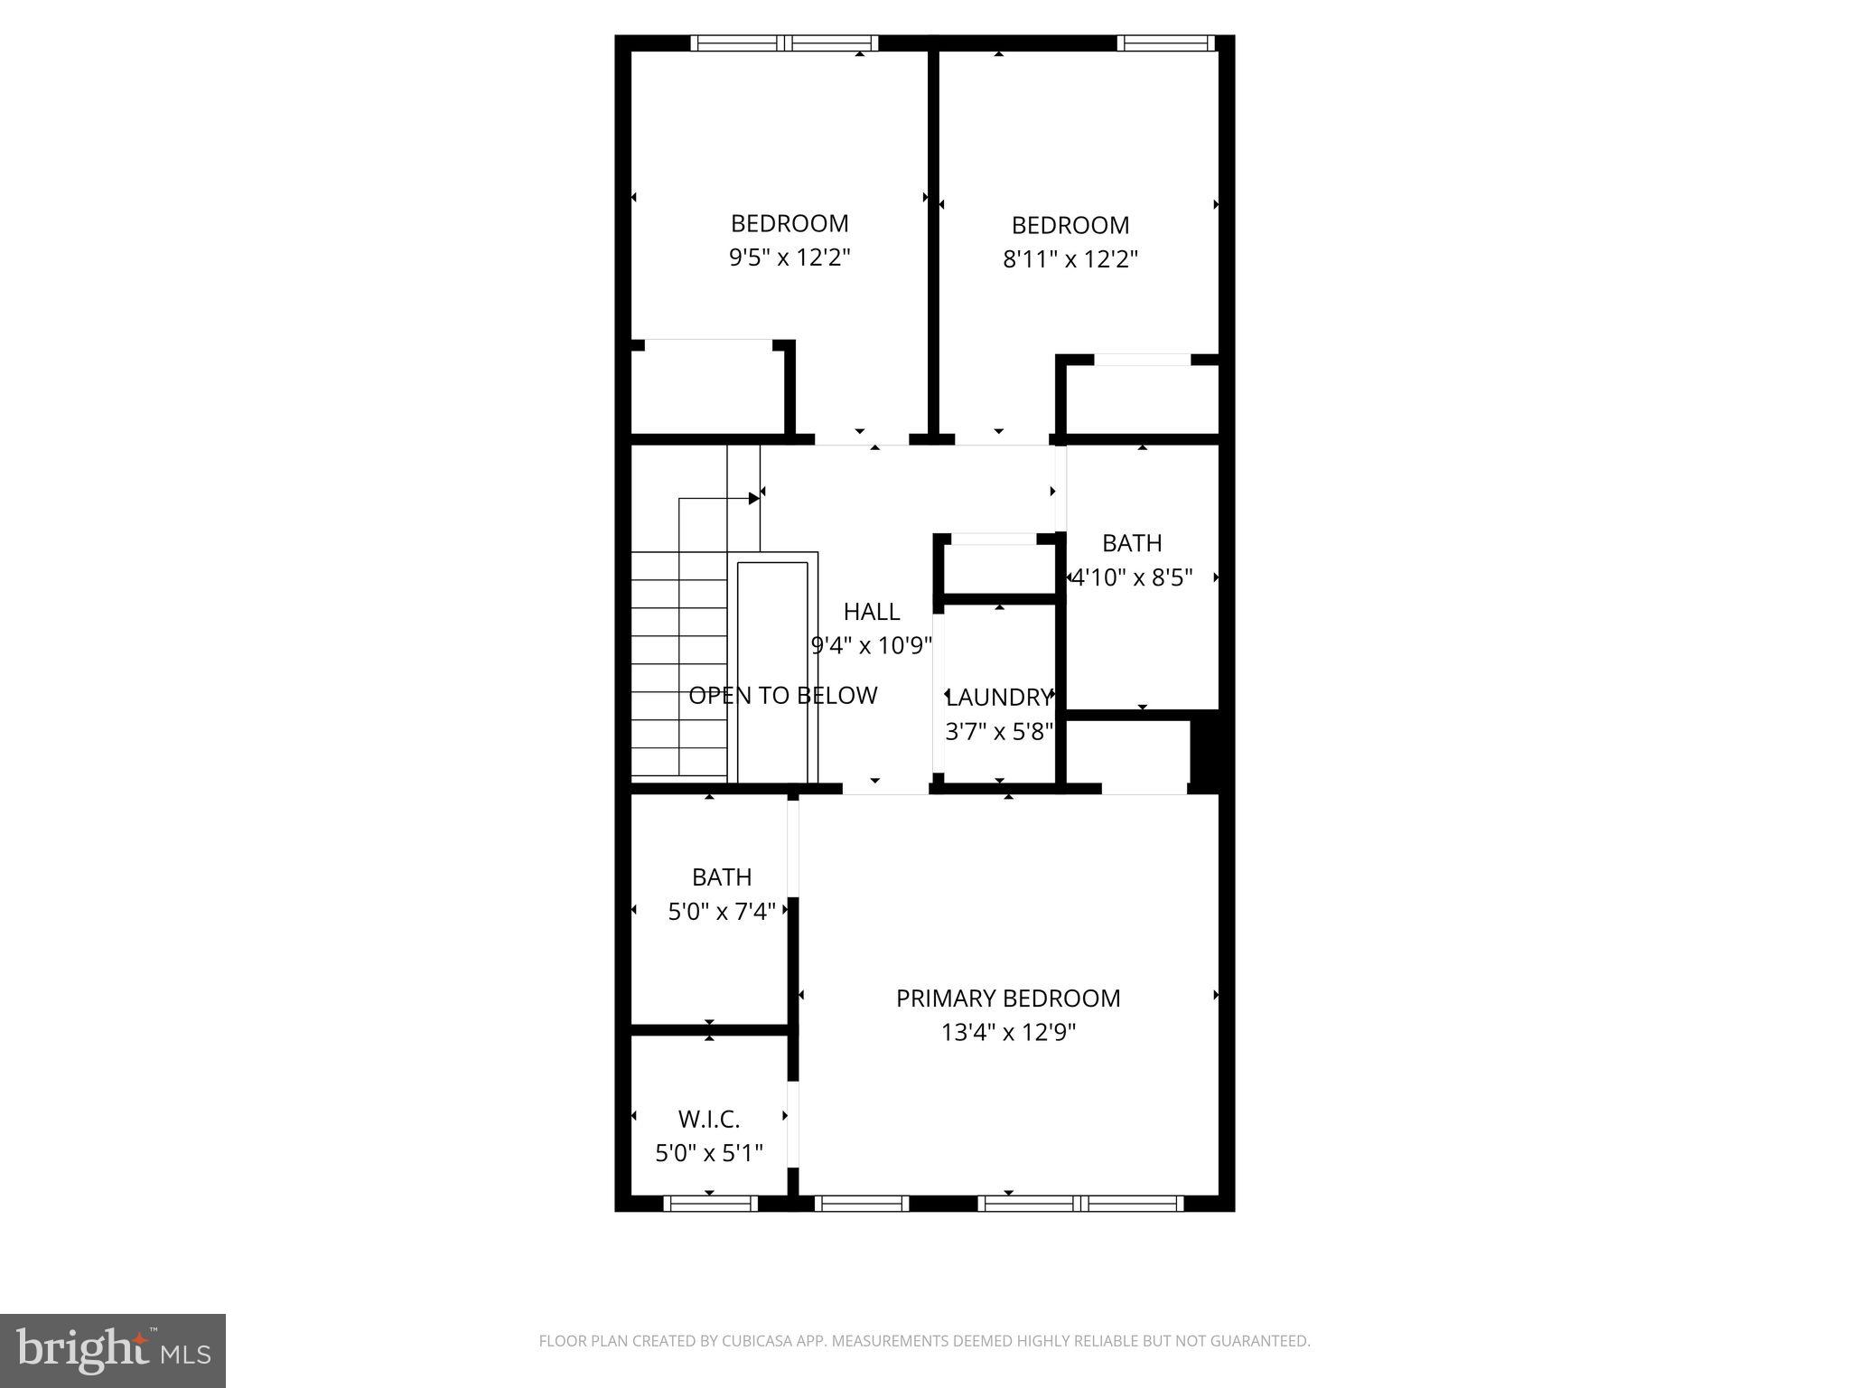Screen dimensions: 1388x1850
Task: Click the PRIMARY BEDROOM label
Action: click(x=1007, y=998)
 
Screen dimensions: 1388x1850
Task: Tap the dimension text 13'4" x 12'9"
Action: click(x=1008, y=1032)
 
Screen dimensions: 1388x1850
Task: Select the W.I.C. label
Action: click(x=709, y=1120)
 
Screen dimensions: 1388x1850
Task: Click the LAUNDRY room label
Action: click(x=999, y=697)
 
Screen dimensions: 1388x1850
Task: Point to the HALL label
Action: click(x=871, y=612)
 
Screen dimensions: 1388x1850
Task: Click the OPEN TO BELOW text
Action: click(x=782, y=695)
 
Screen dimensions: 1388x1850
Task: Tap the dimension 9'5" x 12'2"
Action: click(x=790, y=258)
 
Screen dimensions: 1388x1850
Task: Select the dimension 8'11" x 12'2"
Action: click(x=1070, y=259)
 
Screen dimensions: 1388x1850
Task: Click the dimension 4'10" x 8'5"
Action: click(x=1132, y=577)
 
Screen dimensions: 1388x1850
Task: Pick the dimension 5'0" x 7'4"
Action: click(x=722, y=912)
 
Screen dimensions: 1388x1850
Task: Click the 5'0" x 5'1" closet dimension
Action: click(x=709, y=1153)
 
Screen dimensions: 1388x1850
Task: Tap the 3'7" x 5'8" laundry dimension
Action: click(x=999, y=731)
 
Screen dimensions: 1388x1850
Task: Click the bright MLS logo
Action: click(x=113, y=1351)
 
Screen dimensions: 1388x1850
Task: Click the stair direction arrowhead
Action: click(x=753, y=499)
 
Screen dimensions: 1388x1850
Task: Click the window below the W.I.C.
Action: click(x=710, y=1203)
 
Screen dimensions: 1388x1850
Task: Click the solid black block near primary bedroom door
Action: click(x=1205, y=750)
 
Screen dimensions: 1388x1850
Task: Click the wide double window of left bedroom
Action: click(x=784, y=42)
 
